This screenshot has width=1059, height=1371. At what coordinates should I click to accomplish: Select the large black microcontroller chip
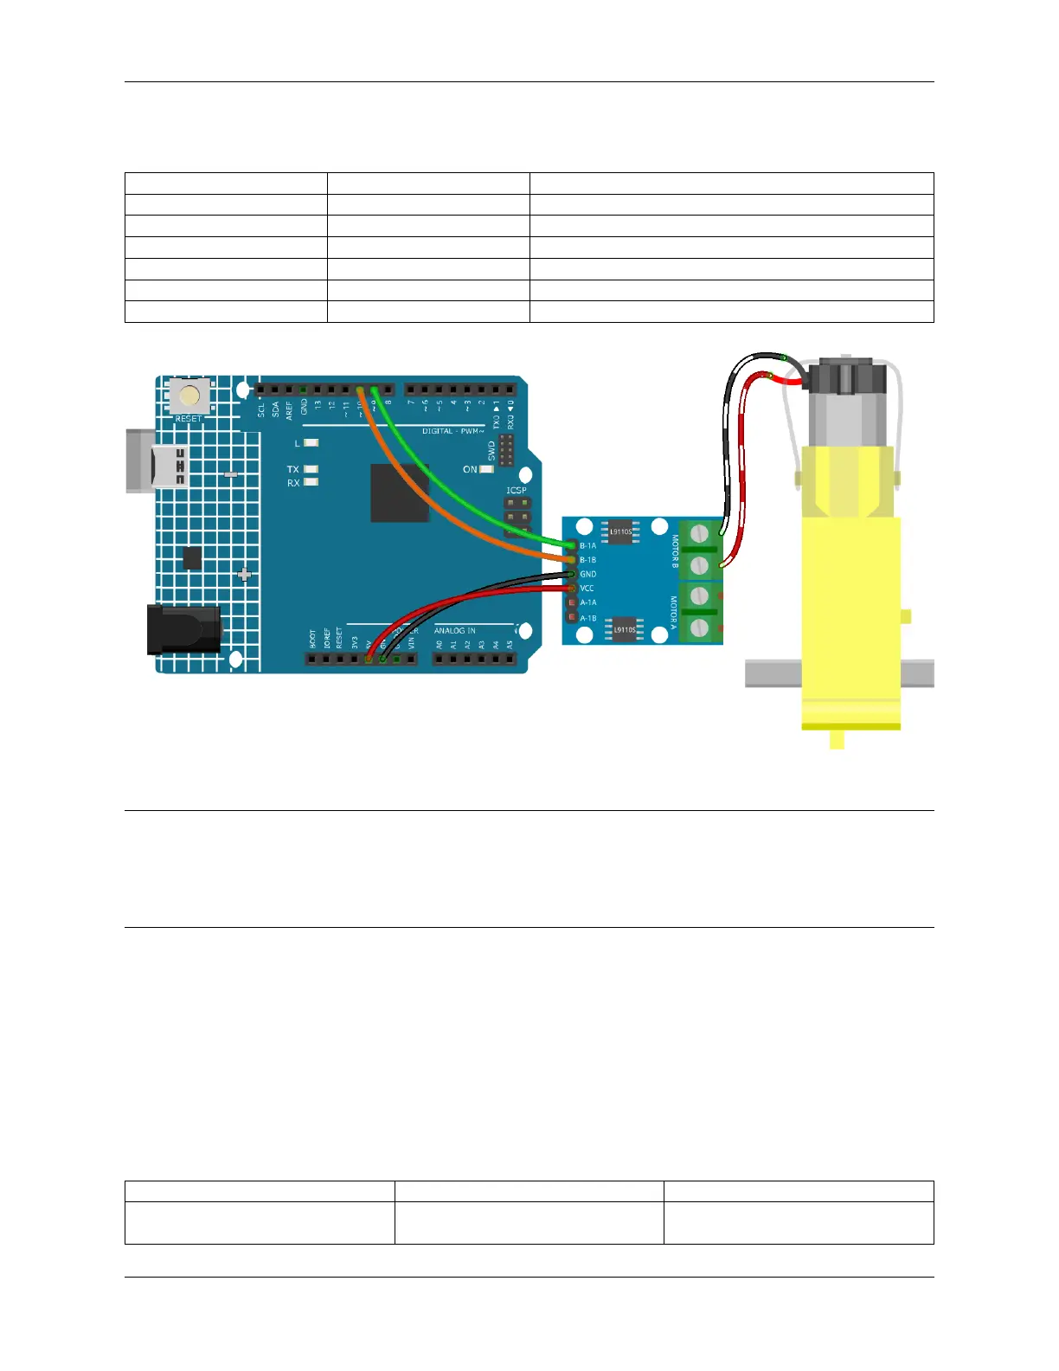point(400,493)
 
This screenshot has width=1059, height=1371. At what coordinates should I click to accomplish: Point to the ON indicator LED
point(486,469)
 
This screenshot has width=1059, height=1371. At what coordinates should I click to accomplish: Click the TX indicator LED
point(311,469)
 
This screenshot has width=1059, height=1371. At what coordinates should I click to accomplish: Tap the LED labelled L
point(311,442)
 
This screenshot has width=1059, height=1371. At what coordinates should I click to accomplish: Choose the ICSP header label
point(517,491)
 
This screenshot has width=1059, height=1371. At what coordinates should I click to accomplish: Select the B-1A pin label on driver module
point(587,545)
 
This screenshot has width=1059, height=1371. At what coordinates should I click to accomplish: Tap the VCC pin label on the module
point(587,589)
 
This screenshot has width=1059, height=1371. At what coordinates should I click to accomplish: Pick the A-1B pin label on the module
point(587,618)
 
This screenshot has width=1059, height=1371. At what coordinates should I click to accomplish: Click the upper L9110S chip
point(621,532)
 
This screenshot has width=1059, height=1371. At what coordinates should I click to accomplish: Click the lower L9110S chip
point(624,629)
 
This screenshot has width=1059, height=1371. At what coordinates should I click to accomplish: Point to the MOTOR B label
point(676,551)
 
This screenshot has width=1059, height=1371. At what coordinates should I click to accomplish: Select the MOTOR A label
point(674,613)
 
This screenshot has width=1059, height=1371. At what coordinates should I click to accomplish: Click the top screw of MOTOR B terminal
point(700,533)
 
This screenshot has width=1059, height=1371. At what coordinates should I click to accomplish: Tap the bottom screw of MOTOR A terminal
point(700,628)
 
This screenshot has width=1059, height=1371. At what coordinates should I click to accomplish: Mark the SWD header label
point(492,450)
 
